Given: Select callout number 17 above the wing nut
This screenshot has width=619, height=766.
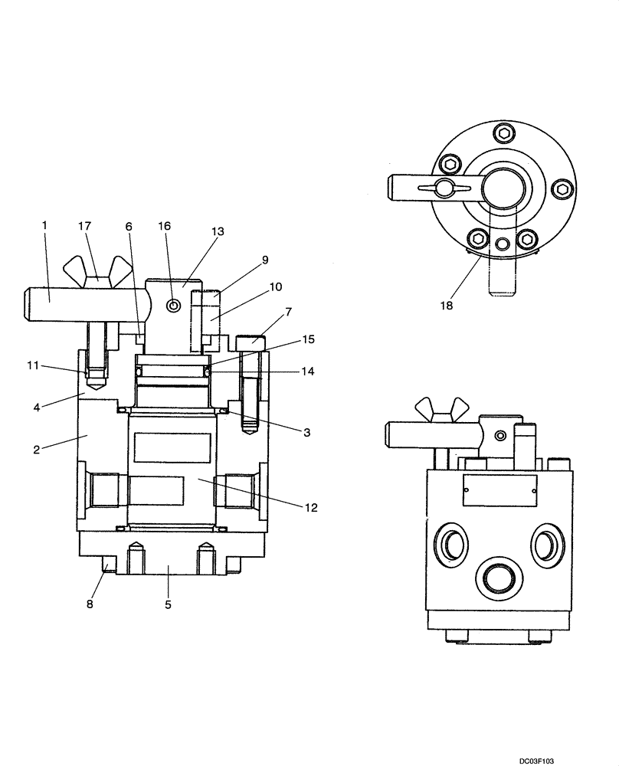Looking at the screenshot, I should (84, 226).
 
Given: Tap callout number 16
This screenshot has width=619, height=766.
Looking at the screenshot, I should (165, 226).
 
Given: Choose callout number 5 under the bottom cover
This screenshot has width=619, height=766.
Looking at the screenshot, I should (168, 604).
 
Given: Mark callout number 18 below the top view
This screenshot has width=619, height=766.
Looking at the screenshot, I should (447, 305).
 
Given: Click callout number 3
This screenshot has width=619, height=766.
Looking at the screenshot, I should (306, 433).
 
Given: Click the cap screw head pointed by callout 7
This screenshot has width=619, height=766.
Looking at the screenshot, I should (252, 339).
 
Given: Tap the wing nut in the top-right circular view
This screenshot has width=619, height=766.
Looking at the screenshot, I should (444, 188).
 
